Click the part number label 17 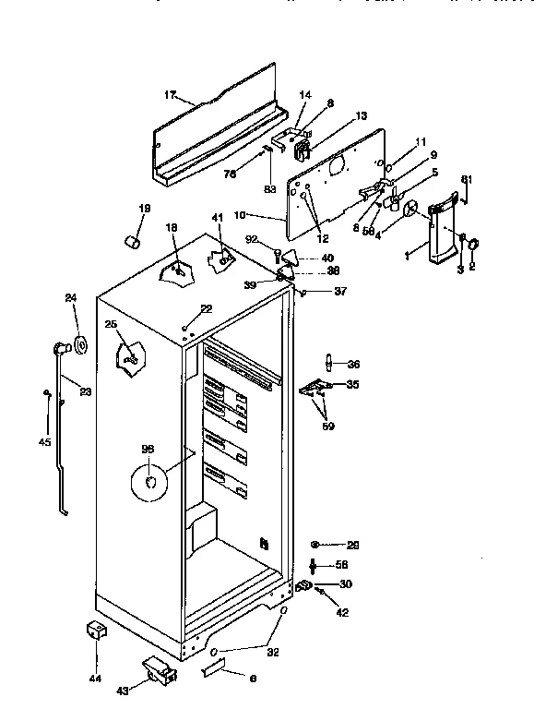click(x=170, y=94)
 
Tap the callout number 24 click(x=70, y=297)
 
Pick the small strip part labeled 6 click(x=215, y=667)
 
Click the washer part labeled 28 click(x=315, y=545)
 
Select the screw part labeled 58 click(x=315, y=564)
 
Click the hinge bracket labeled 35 click(x=315, y=387)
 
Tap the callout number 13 click(x=361, y=116)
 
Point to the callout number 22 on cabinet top click(x=206, y=308)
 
